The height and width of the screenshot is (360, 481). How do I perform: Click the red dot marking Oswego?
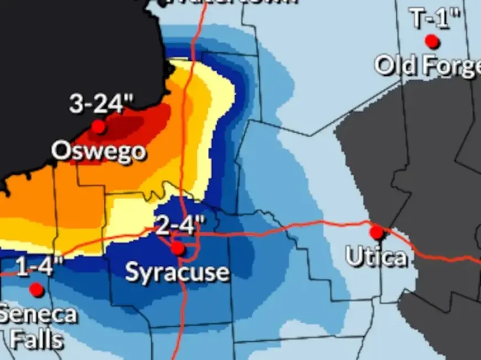pos(98,127)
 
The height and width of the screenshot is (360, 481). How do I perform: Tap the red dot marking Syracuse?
pos(177,248)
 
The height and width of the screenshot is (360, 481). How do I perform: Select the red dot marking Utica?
pos(377,232)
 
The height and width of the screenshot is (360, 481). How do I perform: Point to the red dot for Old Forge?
pos(432,41)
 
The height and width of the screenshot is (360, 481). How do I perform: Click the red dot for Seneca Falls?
pos(36,289)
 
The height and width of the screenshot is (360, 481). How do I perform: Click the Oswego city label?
pos(99,151)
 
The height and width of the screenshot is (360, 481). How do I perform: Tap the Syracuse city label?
pos(177,272)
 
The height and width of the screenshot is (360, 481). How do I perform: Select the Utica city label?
pos(377,257)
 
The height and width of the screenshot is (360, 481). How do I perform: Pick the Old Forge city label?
pos(427,66)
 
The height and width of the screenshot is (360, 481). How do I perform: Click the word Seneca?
pos(38,315)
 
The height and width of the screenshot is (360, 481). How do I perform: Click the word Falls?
pos(36,339)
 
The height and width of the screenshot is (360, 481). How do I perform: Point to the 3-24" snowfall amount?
pos(102,104)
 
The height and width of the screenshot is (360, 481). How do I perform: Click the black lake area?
pos(66,55)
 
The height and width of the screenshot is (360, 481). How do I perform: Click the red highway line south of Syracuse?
pos(181,321)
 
